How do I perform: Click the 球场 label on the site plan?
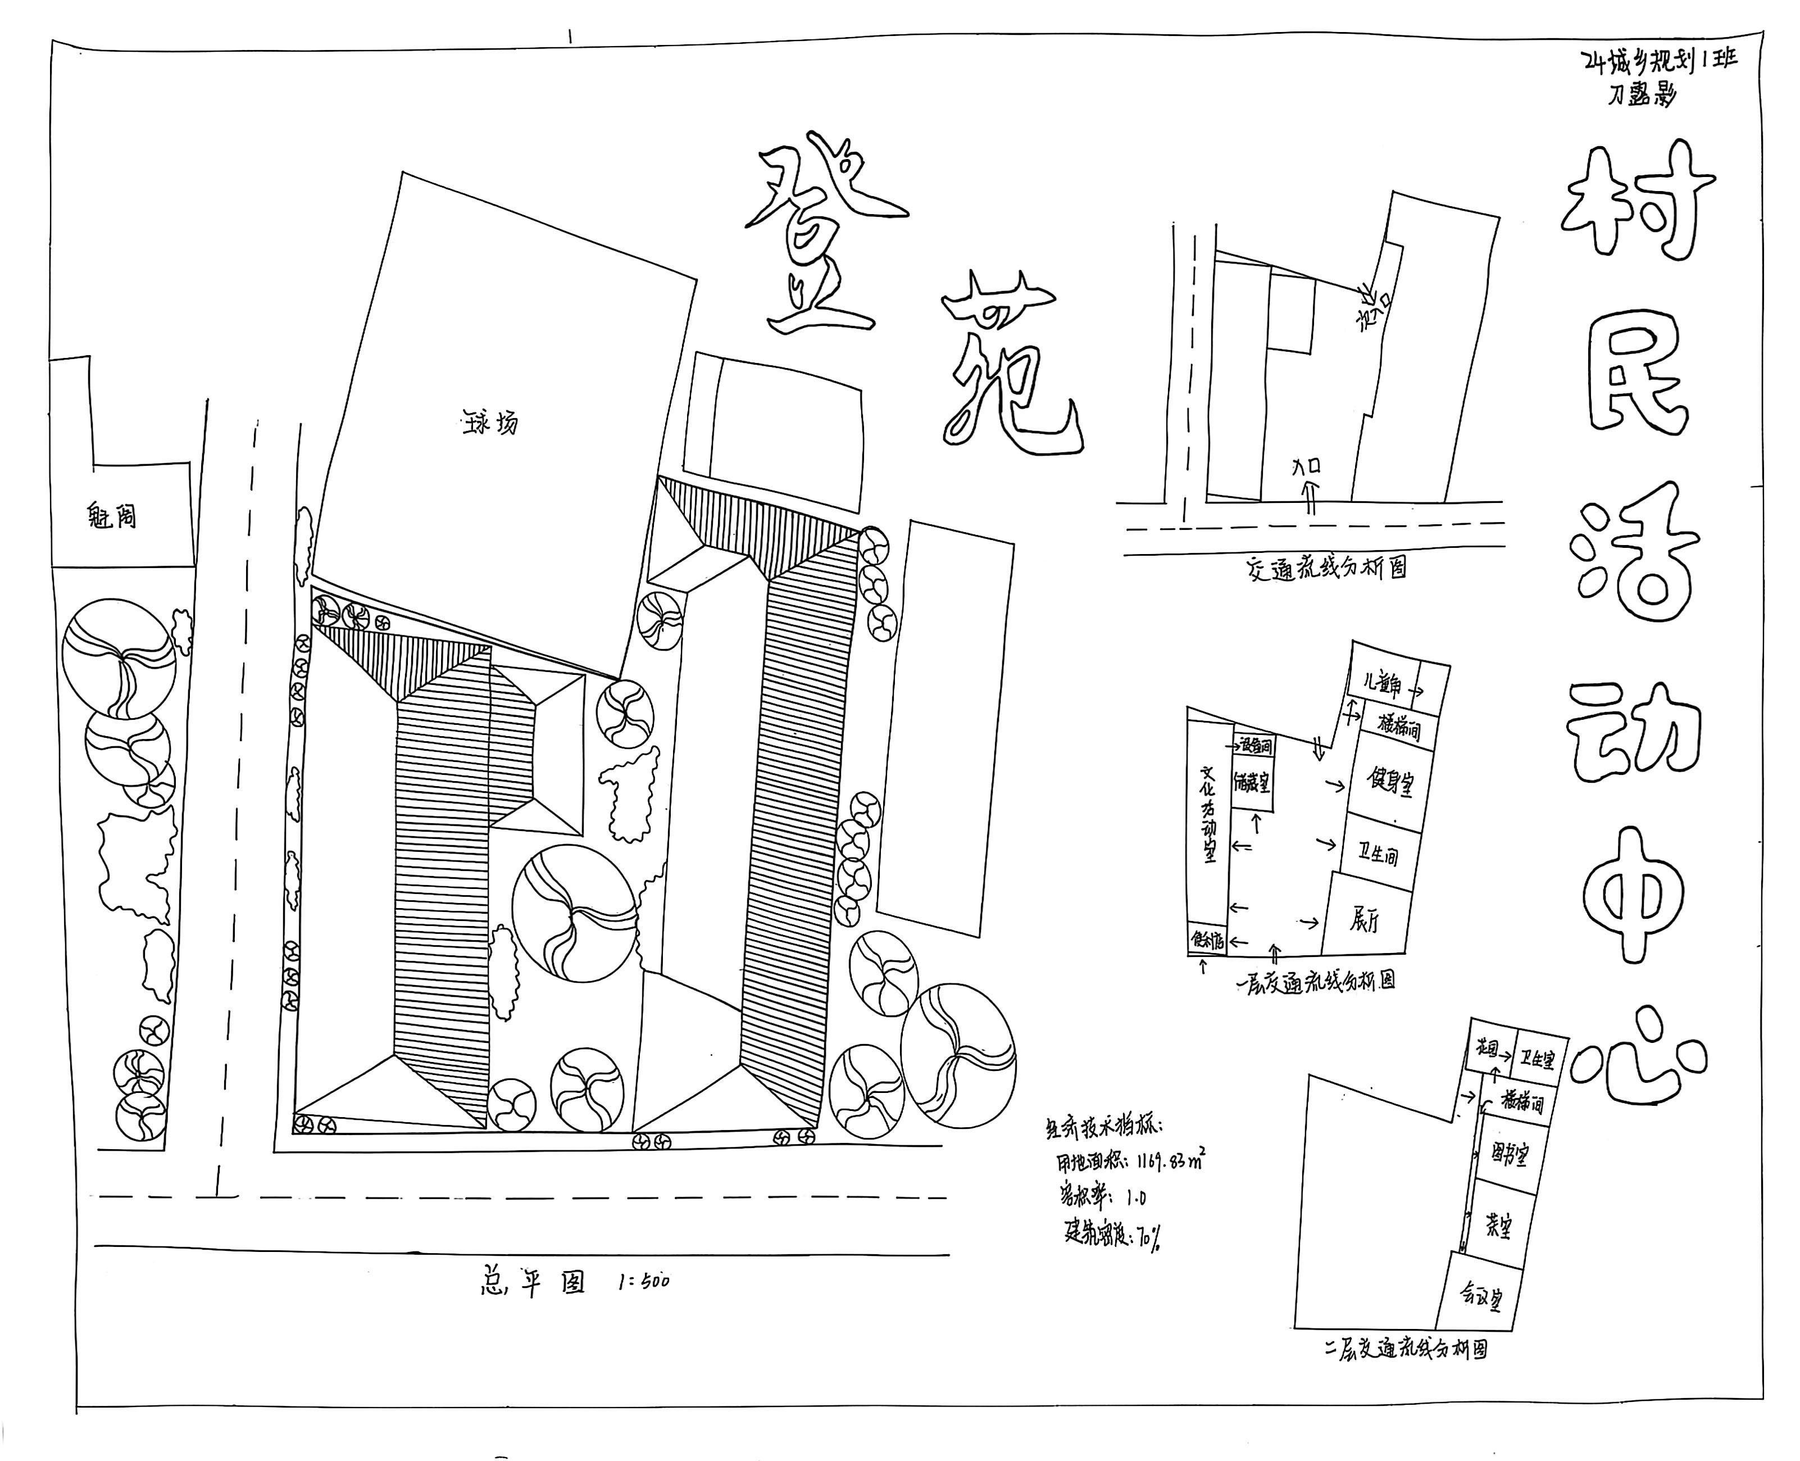point(490,421)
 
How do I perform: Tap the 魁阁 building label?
point(112,515)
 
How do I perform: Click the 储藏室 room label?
point(1251,783)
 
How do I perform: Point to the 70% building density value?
point(1149,1237)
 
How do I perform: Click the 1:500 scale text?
point(643,1282)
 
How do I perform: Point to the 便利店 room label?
point(1206,939)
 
